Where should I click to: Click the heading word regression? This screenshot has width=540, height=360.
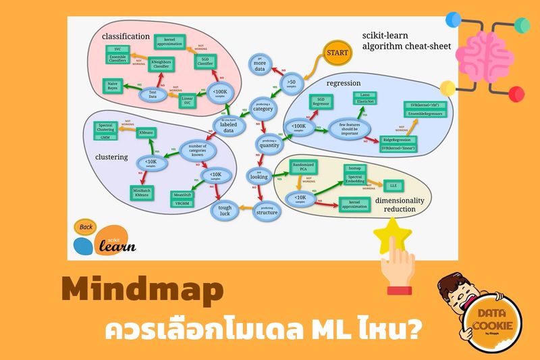tap(345, 83)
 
